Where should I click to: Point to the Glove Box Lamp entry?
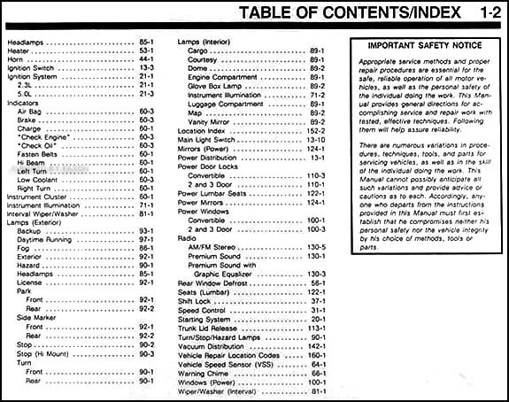(x=218, y=86)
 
